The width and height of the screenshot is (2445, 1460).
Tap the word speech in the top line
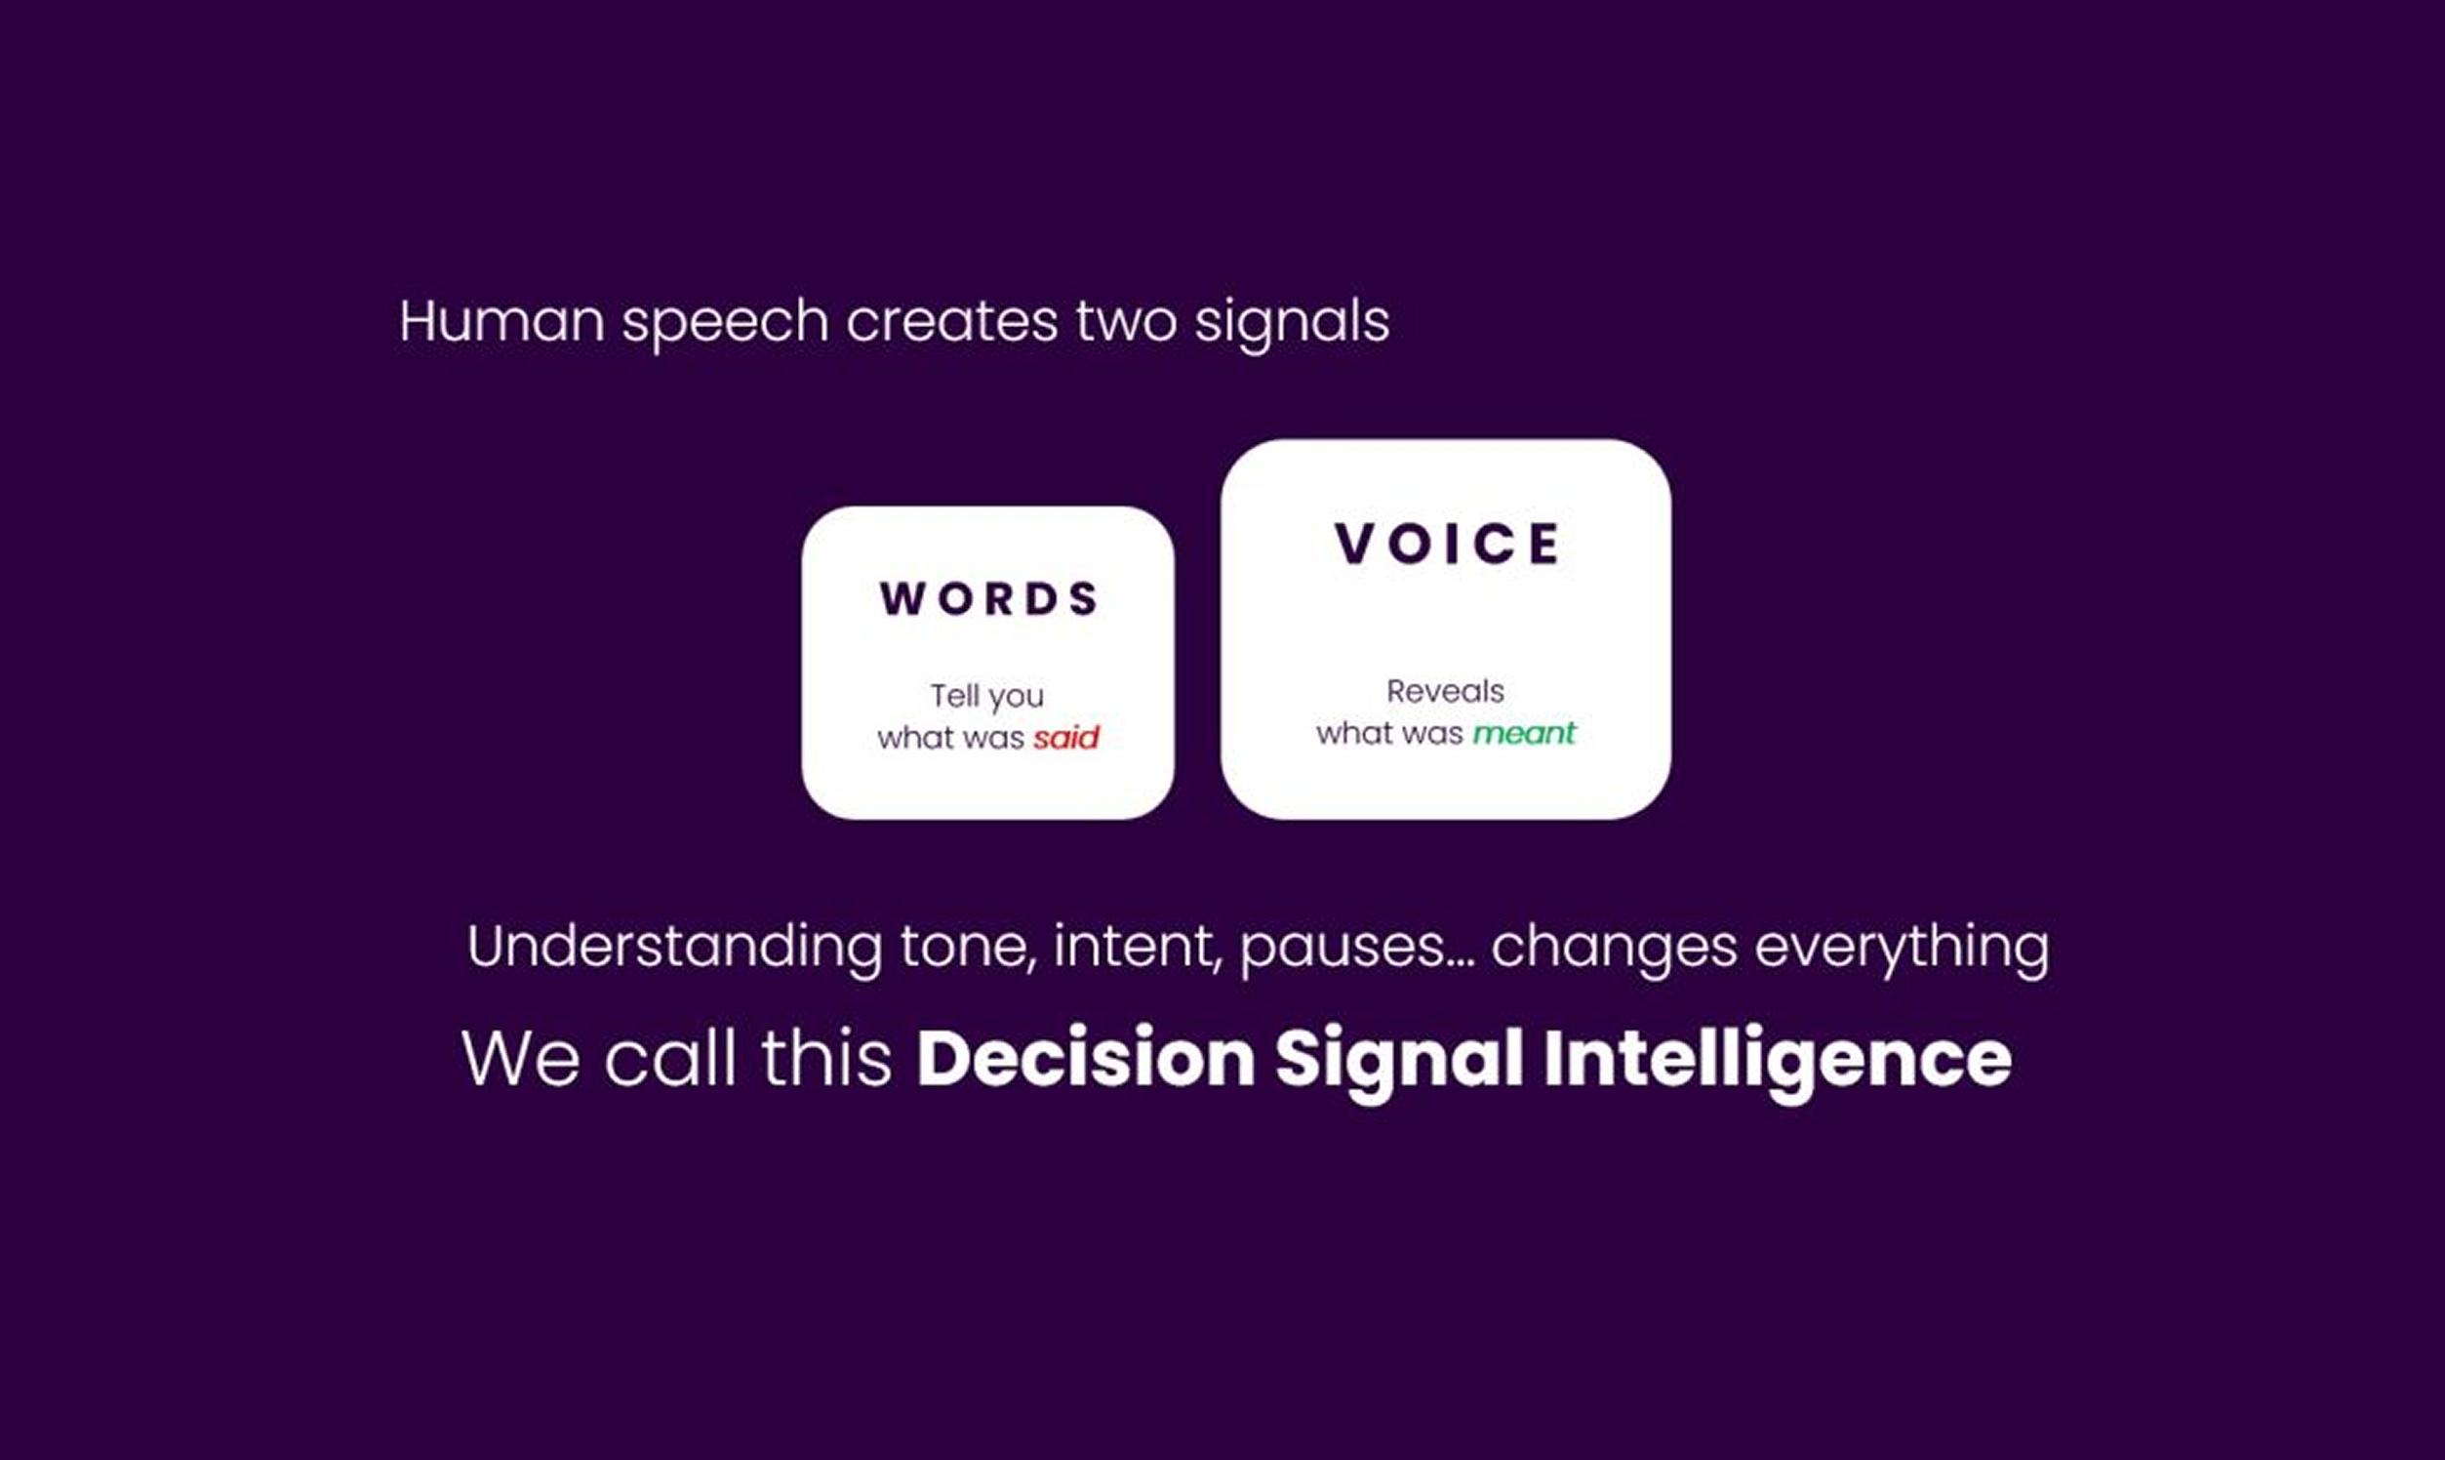point(725,323)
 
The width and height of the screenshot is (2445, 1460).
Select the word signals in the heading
point(1292,323)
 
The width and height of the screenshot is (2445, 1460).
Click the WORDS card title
point(988,598)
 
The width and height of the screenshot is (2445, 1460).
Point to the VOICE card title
point(1447,543)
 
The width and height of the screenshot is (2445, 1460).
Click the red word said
point(1066,737)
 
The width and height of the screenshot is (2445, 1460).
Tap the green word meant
point(1524,733)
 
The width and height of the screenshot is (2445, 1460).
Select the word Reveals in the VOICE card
point(1445,691)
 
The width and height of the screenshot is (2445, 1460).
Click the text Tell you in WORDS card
point(987,697)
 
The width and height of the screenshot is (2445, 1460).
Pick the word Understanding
point(675,947)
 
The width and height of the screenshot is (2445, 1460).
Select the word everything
point(1903,949)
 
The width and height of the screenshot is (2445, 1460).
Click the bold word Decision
point(1086,1059)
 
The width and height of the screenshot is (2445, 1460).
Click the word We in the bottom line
point(520,1059)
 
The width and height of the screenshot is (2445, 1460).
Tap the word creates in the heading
point(951,321)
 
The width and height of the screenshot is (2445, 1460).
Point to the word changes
point(1614,949)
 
